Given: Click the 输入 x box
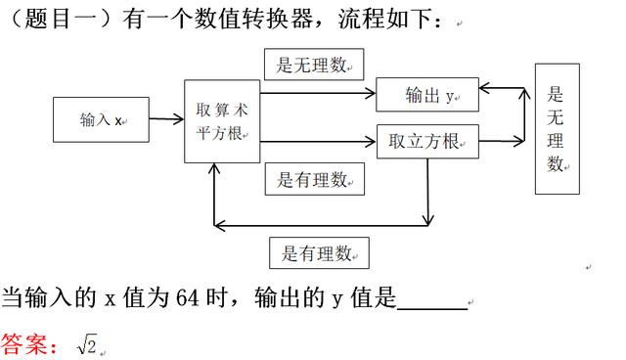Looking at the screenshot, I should [102, 120].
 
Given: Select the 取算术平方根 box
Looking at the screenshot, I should [222, 121].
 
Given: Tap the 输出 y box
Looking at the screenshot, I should [427, 95].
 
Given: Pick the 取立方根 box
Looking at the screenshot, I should [427, 142].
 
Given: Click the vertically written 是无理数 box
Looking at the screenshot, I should [557, 128].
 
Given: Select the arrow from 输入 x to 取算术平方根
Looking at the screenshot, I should [166, 120].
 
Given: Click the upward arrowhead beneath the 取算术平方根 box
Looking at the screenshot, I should [215, 168].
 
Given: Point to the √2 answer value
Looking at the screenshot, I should [87, 343].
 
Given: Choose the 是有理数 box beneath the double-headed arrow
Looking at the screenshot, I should [319, 252].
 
